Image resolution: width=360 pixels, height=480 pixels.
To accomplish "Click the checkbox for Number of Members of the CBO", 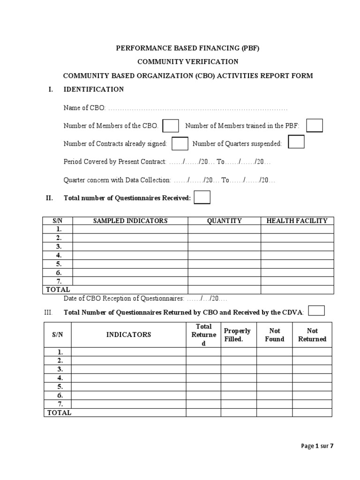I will click(171, 126).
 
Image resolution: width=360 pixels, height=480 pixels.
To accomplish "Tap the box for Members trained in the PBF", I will click(315, 125).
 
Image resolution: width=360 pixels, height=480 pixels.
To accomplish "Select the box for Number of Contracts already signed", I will click(180, 143).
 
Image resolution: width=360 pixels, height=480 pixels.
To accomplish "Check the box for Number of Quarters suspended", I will click(296, 142).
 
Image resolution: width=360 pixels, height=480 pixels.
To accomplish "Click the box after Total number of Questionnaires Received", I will click(202, 198).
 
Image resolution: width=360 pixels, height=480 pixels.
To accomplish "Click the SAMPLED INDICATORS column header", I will click(130, 221).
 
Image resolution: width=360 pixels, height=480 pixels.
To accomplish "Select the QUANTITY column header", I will click(224, 221).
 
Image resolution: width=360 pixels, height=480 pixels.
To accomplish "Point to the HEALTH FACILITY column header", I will click(297, 221).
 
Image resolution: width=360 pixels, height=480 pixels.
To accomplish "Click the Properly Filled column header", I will click(238, 335).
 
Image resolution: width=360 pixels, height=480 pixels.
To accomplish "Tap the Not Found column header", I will click(275, 335).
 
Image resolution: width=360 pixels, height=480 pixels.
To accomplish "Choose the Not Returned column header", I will click(312, 335).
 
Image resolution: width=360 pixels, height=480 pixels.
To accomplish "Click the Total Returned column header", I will click(203, 335).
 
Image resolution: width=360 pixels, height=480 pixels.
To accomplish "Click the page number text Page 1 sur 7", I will click(317, 446).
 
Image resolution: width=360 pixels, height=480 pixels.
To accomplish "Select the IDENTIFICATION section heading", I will click(94, 89).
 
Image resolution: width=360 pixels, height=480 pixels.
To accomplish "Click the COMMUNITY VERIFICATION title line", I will click(187, 62).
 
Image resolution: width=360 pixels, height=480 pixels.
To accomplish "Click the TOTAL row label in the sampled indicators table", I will click(58, 290).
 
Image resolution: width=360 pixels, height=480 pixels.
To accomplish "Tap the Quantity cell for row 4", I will click(224, 255).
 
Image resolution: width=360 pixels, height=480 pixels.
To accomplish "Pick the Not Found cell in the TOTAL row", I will click(275, 412).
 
